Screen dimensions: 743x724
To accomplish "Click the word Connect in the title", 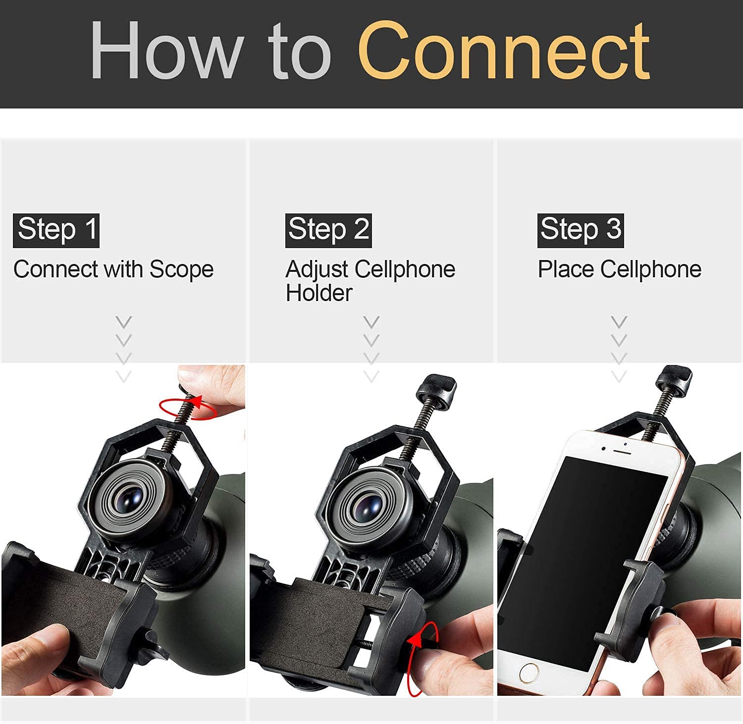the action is click(503, 50).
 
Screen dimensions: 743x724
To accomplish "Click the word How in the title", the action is click(166, 50).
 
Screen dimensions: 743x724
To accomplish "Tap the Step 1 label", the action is click(56, 230).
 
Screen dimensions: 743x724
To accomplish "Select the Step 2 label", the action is click(328, 230).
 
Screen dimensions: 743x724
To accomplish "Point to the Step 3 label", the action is click(581, 230).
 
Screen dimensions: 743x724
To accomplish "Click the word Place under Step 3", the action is click(566, 269).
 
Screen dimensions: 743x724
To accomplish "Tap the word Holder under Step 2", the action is click(319, 293).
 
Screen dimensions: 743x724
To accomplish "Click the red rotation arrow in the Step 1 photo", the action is click(188, 408).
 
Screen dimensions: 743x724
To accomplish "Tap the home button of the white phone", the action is click(529, 673).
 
